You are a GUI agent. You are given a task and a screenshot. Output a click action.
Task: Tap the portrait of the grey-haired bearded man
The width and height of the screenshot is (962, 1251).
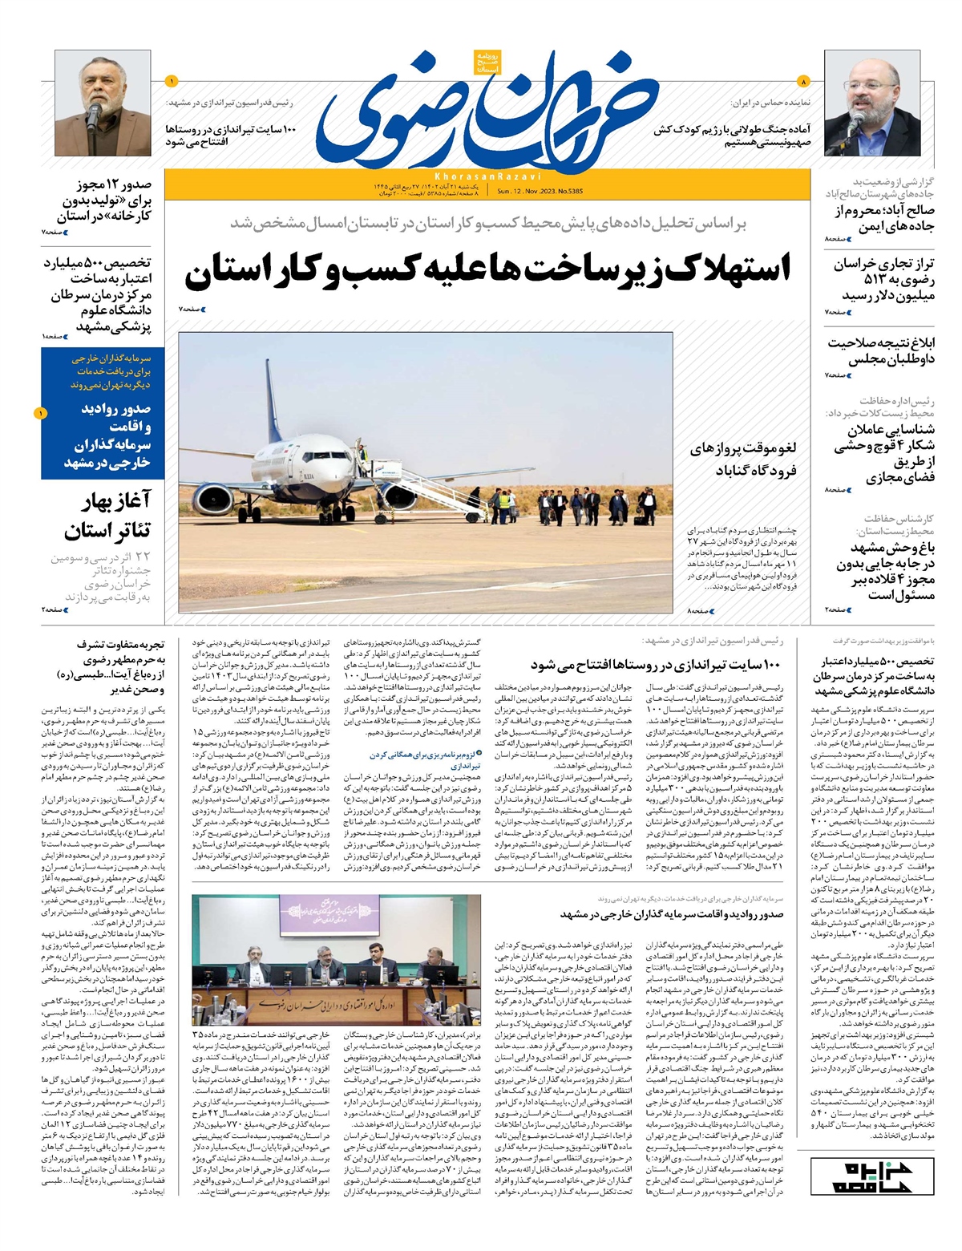pos(103,103)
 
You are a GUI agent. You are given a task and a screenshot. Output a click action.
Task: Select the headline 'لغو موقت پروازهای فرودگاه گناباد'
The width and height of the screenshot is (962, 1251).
pos(743,459)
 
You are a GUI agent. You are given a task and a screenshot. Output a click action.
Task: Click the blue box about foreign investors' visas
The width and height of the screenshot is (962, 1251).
pos(103,414)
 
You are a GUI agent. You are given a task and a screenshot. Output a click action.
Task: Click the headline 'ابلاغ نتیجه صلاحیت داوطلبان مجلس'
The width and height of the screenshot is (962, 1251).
pos(881,351)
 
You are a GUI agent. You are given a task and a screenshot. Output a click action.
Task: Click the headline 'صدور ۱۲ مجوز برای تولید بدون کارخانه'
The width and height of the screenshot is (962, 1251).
pos(104,200)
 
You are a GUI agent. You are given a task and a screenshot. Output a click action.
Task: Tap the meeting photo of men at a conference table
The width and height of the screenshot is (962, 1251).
pos(337,959)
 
